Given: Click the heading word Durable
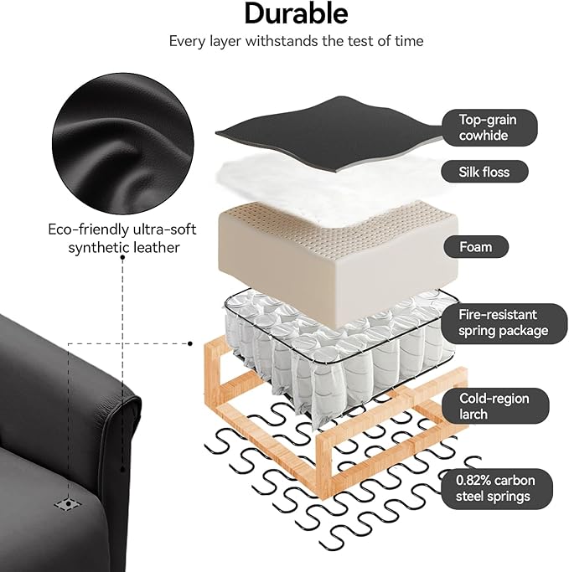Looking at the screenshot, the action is coord(296,14).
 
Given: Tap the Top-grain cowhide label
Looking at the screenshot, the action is coord(489,127).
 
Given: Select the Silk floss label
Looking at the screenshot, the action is coord(484,172).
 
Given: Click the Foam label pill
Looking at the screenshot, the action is coord(476,247).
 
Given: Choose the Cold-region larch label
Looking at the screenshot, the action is coord(495,406).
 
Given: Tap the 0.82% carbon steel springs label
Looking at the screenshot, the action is coord(497,488).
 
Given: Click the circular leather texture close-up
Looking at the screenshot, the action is coord(122,144).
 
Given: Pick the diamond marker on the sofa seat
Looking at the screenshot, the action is coord(68,504).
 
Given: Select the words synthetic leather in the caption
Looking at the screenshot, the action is coord(124,248).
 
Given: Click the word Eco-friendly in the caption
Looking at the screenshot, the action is coord(88,229).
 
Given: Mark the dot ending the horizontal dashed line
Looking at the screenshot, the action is coord(190,343).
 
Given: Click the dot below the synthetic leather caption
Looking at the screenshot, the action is coord(122,258).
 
